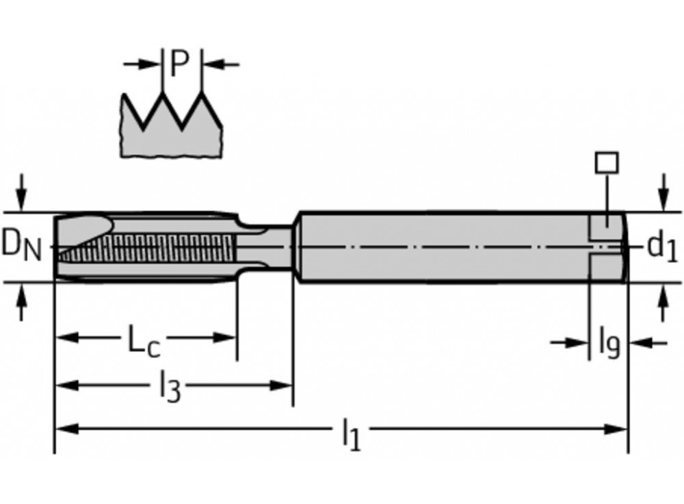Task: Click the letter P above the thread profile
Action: pos(179,64)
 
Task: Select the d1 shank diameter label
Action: pos(661,247)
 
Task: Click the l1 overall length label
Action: pos(350,433)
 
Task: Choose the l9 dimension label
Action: pos(609,342)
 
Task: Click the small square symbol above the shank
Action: pos(606,162)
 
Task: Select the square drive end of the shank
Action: pos(607,247)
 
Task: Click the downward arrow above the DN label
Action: pos(23,195)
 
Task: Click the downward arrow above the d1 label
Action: pos(661,195)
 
